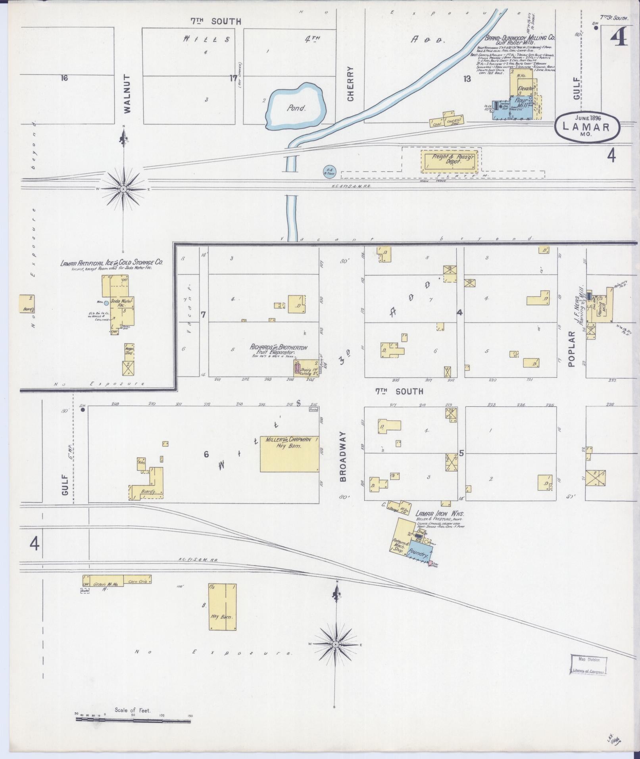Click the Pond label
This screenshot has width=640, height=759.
tap(296, 108)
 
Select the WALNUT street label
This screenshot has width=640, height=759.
tap(127, 94)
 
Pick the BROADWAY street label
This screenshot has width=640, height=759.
tap(343, 456)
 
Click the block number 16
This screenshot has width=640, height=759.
tap(64, 78)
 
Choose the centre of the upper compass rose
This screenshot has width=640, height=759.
tap(123, 189)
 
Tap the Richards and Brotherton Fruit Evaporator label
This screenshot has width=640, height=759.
tap(279, 349)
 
